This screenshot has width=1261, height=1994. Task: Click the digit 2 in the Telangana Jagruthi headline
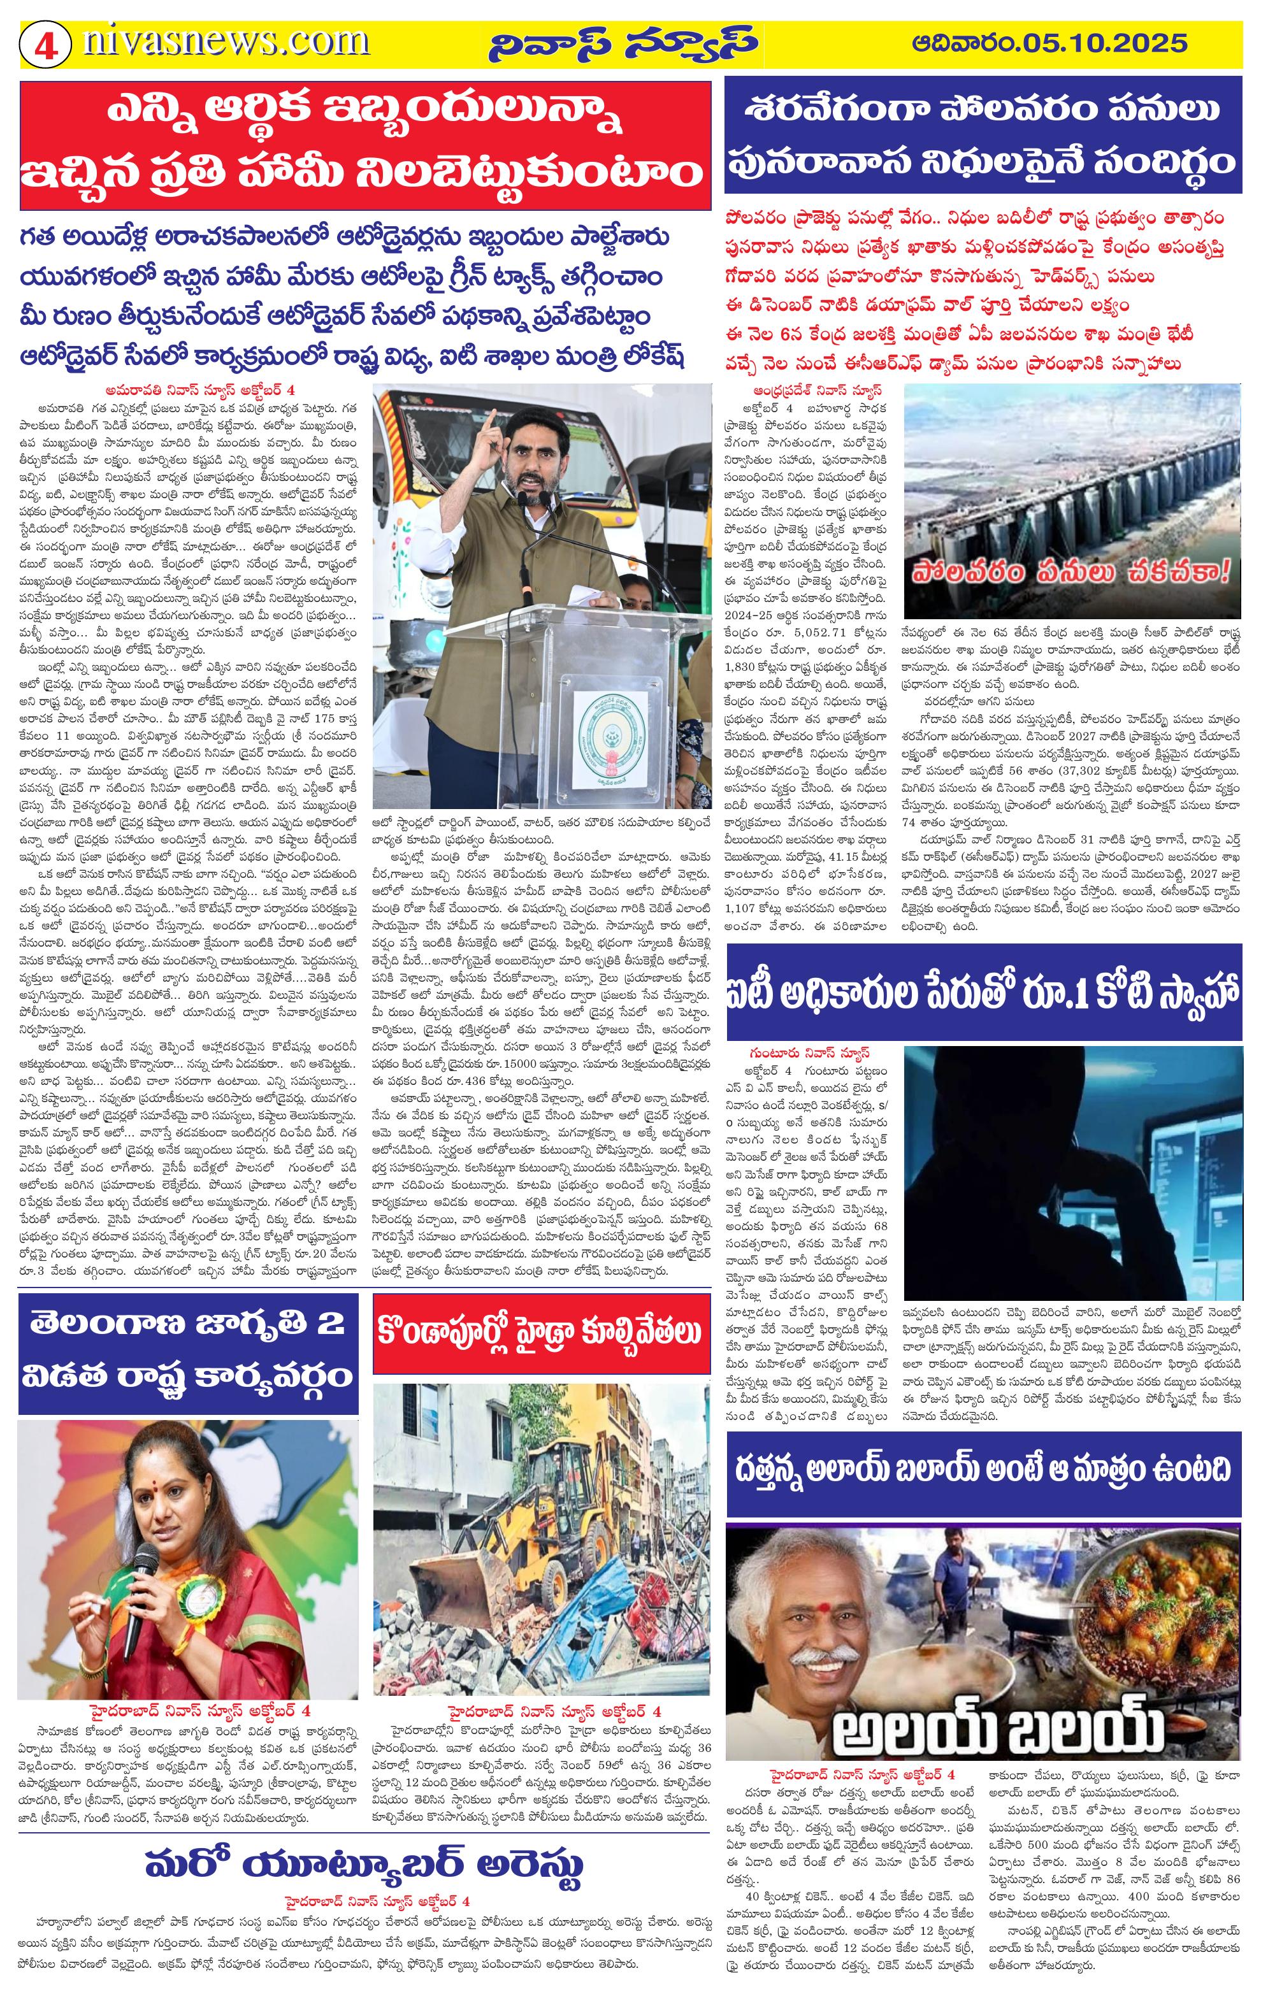(330, 1323)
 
